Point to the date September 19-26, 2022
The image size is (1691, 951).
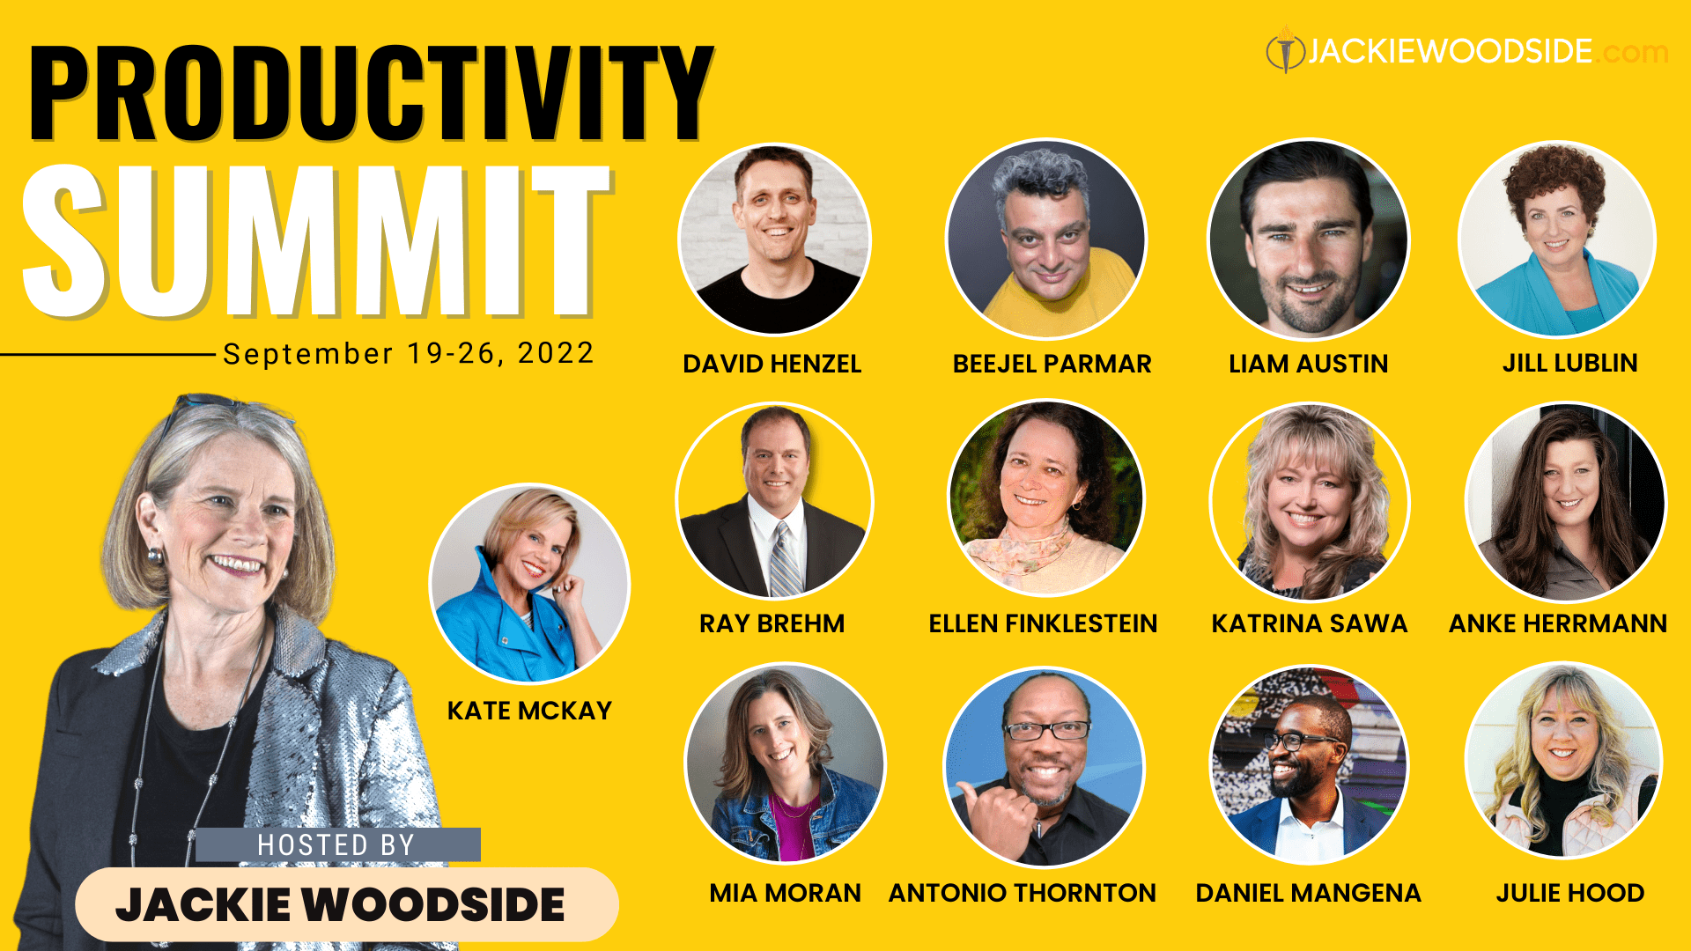[x=408, y=353]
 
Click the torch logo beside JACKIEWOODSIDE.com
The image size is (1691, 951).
[x=1285, y=50]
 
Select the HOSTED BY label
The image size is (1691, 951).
[x=337, y=845]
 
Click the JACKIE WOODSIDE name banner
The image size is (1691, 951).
[x=346, y=904]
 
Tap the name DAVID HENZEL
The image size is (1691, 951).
[x=772, y=364]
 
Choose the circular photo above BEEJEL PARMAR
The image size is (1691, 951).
[x=1046, y=239]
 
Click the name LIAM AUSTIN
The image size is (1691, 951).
[x=1308, y=364]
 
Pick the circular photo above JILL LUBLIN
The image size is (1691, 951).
[x=1557, y=239]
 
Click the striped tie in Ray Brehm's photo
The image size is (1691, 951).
[x=783, y=559]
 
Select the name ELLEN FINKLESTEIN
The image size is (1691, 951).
[x=1043, y=623]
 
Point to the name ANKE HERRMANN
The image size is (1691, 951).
[x=1557, y=623]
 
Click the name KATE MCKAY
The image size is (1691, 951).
[x=529, y=711]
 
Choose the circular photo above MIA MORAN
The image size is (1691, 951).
[x=785, y=763]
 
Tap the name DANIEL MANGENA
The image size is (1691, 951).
[x=1308, y=893]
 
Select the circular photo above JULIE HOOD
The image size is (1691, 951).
[x=1563, y=761]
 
